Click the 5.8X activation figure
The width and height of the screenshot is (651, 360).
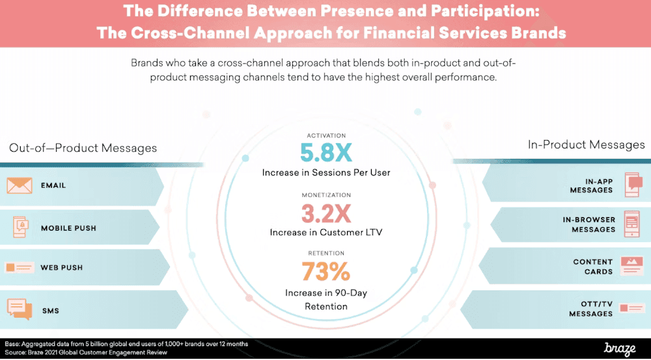pyautogui.click(x=325, y=152)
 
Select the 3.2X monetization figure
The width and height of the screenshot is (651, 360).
pyautogui.click(x=325, y=213)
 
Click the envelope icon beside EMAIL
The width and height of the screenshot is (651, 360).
pyautogui.click(x=20, y=186)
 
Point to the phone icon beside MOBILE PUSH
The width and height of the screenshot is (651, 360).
pyautogui.click(x=20, y=228)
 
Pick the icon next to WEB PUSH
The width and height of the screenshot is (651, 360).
pyautogui.click(x=20, y=268)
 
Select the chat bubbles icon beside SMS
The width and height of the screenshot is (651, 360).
pyautogui.click(x=20, y=309)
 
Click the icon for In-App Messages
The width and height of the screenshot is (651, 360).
pyautogui.click(x=633, y=184)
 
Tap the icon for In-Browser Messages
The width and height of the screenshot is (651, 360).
pyautogui.click(x=632, y=224)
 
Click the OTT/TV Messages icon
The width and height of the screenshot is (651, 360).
pyautogui.click(x=632, y=308)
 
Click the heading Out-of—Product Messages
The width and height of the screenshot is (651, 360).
pyautogui.click(x=83, y=148)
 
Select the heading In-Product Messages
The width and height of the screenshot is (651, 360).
pyautogui.click(x=586, y=145)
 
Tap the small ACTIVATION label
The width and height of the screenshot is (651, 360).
pyautogui.click(x=325, y=135)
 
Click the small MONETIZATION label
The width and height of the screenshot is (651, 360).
pyautogui.click(x=325, y=195)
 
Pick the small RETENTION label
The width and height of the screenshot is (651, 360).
pyautogui.click(x=325, y=253)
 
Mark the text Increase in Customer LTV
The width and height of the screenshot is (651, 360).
pyautogui.click(x=325, y=232)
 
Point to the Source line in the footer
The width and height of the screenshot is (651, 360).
pyautogui.click(x=86, y=352)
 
